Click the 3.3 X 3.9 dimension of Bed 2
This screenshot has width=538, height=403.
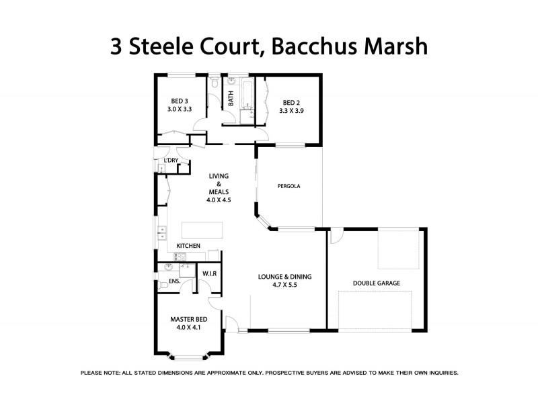pyautogui.click(x=293, y=110)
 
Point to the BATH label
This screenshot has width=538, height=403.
pyautogui.click(x=231, y=99)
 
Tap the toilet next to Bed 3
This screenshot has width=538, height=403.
pyautogui.click(x=213, y=85)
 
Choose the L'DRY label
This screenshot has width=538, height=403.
pyautogui.click(x=171, y=160)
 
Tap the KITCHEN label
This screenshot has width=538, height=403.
pyautogui.click(x=188, y=247)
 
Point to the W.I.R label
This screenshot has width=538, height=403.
pyautogui.click(x=210, y=274)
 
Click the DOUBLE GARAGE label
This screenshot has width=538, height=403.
pyautogui.click(x=376, y=283)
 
